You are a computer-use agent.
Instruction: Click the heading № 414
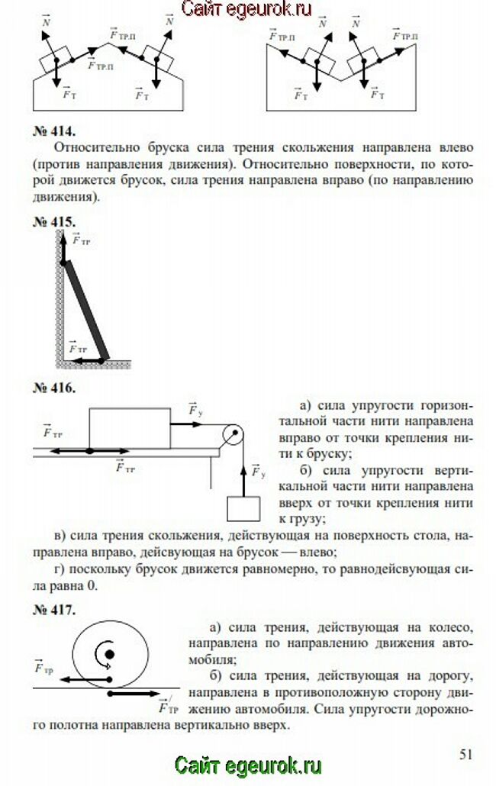(54, 130)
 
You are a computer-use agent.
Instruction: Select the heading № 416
(54, 388)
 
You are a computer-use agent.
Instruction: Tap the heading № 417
(54, 610)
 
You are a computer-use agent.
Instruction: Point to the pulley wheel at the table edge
(233, 436)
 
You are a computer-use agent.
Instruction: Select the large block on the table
(130, 429)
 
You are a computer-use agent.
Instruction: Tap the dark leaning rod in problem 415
(85, 309)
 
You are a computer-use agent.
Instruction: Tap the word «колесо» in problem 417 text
(452, 627)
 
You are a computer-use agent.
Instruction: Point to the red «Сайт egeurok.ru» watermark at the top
(248, 9)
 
